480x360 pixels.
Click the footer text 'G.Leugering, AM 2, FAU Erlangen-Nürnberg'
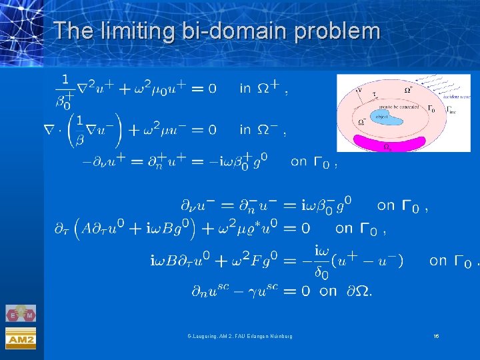[239, 336]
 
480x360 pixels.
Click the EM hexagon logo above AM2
[21, 313]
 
